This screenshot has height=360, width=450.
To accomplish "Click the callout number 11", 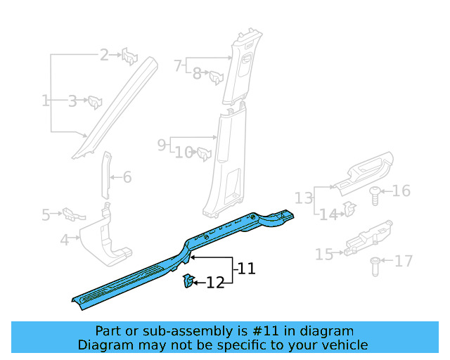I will [246, 269].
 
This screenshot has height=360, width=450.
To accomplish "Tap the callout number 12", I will [215, 283].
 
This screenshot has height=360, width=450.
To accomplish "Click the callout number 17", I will [404, 262].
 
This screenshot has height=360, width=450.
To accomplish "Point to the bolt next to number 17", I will [375, 266].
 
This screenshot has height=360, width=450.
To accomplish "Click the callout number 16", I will [401, 191].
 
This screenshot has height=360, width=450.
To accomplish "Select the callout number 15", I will [324, 253].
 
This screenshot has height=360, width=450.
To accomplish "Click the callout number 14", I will [328, 214].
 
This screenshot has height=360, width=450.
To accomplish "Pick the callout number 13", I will [303, 197].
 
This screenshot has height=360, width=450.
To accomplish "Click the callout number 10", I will [184, 153].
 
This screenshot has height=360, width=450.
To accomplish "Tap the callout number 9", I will [162, 145].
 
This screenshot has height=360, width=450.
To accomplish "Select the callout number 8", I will [197, 72].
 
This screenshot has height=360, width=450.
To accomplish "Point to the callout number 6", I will [127, 178].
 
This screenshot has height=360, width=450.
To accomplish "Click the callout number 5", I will [46, 214].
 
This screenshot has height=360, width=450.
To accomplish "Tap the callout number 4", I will [65, 240].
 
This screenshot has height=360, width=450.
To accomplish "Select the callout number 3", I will [72, 101].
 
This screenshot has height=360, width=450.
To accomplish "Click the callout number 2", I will [104, 54].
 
